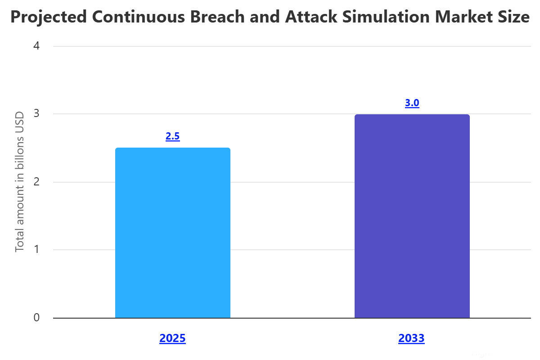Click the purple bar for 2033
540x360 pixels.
412,216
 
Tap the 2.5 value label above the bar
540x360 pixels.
173,136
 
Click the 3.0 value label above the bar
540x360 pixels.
412,103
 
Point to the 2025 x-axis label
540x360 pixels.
172,338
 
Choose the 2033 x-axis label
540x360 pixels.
411,338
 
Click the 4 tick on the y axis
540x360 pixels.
36,46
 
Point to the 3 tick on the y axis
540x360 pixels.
36,114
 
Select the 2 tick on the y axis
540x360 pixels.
36,182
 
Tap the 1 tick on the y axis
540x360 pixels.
36,250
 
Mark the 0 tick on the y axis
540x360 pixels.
36,318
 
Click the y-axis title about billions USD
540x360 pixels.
20,182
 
